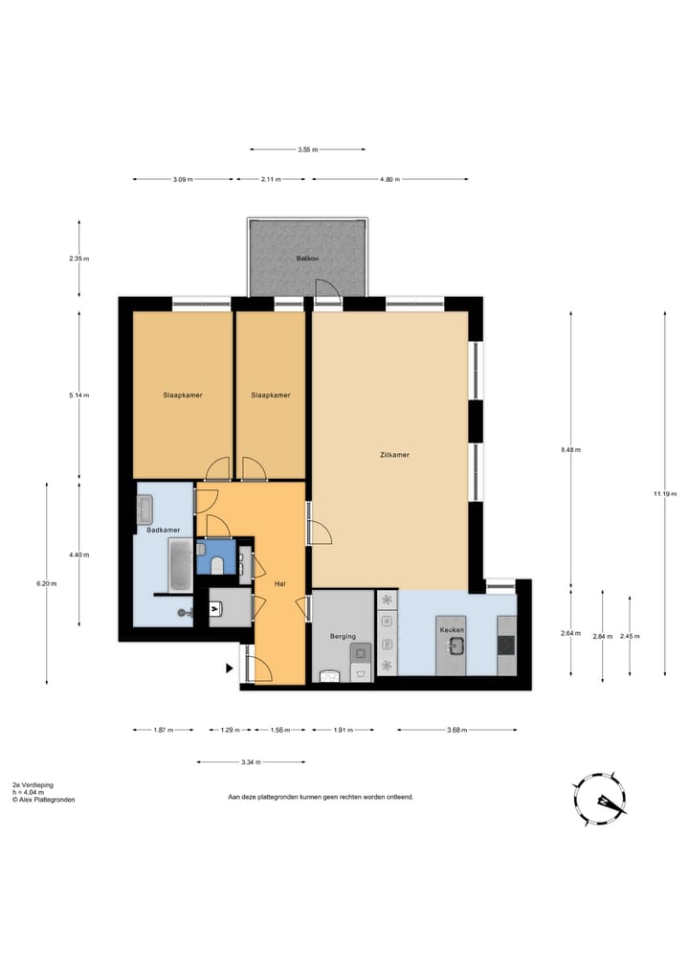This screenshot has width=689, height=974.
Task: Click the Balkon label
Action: point(307,259)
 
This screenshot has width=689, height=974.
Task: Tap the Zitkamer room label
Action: point(394,455)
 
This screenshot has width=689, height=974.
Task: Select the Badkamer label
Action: point(163,530)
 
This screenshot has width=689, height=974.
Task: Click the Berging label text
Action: point(343,636)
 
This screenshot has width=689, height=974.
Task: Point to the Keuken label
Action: point(452,630)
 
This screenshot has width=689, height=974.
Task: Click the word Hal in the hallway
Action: point(280,583)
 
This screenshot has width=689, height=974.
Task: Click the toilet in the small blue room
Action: point(217,566)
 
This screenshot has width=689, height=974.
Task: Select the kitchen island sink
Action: point(456,646)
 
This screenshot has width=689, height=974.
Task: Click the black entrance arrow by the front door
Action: point(229,668)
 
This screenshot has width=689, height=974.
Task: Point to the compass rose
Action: point(599,800)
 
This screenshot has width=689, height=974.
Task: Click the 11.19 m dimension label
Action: point(663,493)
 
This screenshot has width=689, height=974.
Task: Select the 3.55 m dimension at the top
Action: point(307,149)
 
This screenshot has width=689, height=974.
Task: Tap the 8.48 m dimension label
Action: point(570,449)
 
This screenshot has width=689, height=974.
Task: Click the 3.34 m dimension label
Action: point(251,762)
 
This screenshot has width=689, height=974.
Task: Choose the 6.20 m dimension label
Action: point(46,583)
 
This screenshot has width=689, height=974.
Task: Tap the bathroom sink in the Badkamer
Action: point(145,506)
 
